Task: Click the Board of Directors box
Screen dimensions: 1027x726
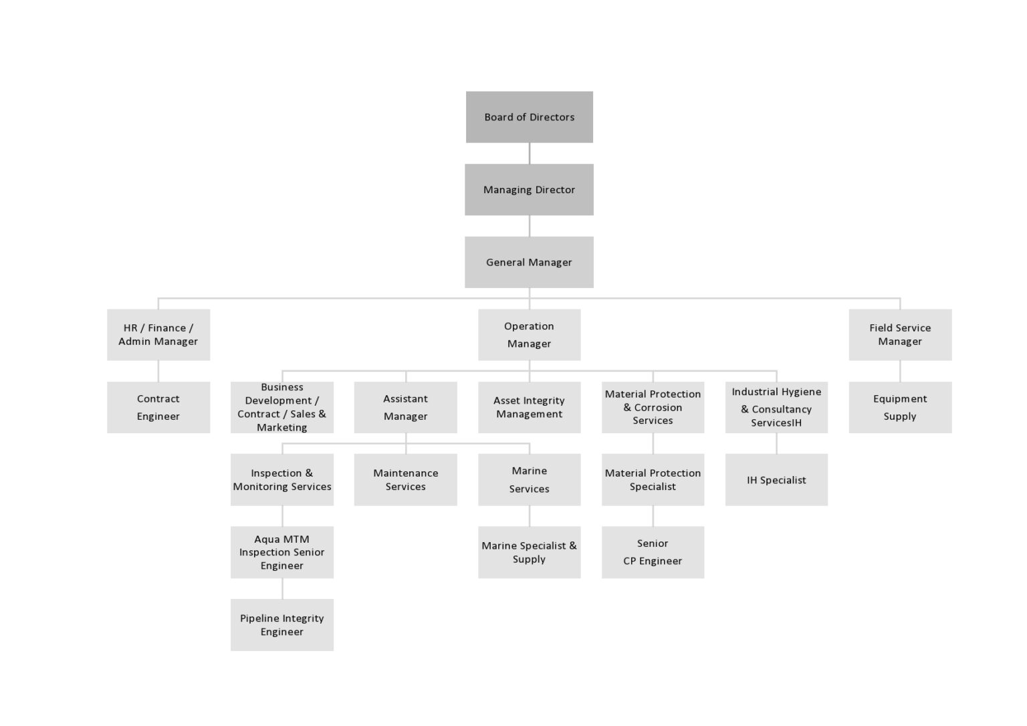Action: point(529,117)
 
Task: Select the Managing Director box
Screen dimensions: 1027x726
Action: point(529,189)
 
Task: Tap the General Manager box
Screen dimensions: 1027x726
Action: point(529,262)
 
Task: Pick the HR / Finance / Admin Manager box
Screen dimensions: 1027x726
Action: point(158,334)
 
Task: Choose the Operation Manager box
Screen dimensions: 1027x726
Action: point(529,334)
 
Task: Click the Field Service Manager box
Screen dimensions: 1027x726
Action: point(900,334)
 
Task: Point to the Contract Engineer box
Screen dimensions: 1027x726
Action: point(158,407)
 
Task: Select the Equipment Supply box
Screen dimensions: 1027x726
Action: point(900,407)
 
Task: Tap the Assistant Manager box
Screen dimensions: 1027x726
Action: point(405,407)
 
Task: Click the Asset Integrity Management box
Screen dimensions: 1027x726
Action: point(529,407)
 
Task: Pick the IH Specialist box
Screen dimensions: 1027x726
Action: point(776,479)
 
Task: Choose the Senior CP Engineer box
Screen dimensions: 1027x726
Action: point(653,552)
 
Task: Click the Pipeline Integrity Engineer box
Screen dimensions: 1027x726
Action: point(282,624)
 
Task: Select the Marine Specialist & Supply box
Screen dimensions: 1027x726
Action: point(529,552)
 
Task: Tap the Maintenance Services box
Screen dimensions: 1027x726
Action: point(405,479)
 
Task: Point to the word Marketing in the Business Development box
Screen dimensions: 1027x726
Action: point(282,428)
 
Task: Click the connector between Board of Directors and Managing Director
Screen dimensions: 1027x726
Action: point(530,153)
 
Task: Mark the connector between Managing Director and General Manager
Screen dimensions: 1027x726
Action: point(530,226)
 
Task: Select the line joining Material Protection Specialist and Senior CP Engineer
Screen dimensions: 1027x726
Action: point(653,516)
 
